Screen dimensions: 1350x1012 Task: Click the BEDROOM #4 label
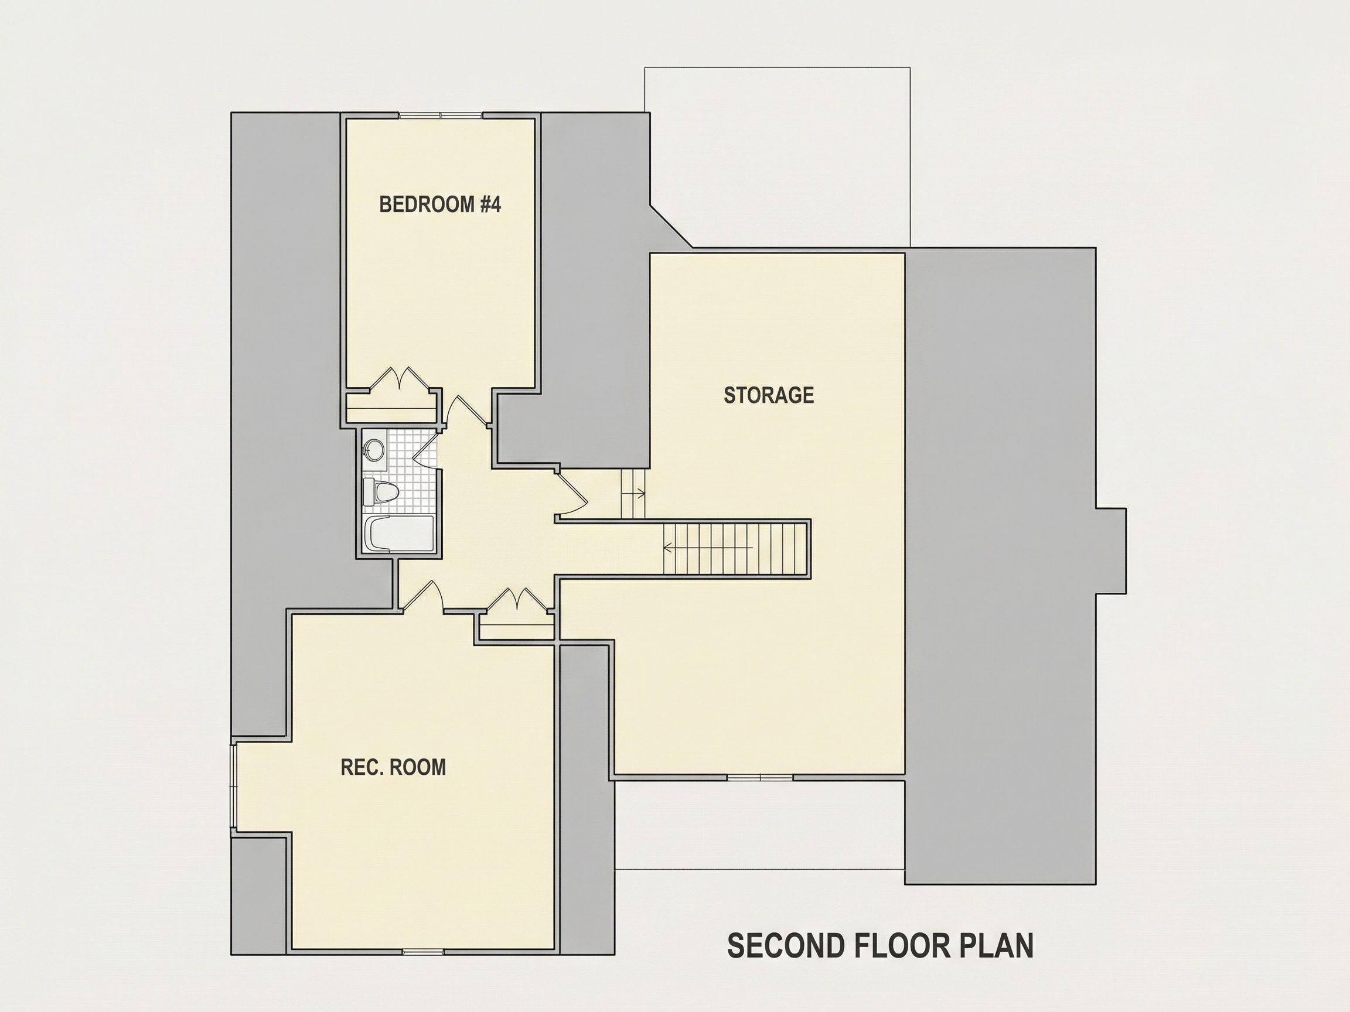[x=440, y=204]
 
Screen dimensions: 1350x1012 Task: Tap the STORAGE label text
[x=768, y=395]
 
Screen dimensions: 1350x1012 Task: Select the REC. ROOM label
[x=393, y=767]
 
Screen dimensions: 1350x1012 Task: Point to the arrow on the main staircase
[x=708, y=547]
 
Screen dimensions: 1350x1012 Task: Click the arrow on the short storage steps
[x=633, y=494]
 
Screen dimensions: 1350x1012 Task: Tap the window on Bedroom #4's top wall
[x=441, y=115]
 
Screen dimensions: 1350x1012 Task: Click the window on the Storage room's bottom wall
[x=760, y=777]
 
